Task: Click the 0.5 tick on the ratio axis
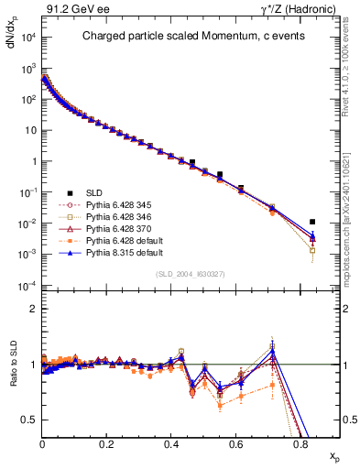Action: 29,420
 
